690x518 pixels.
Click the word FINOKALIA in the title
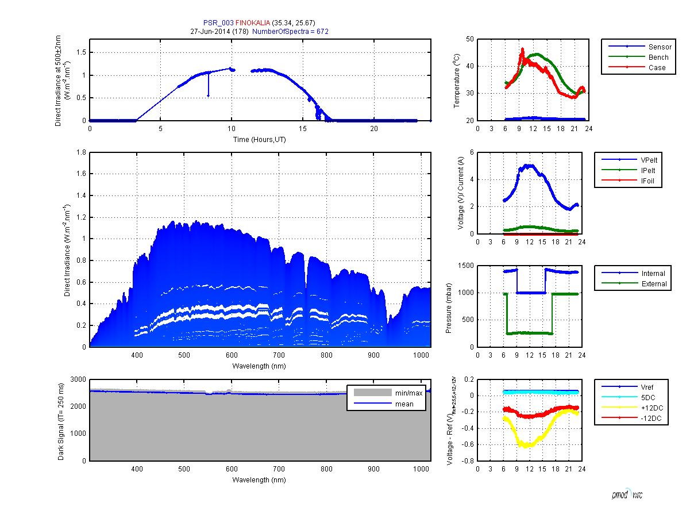[254, 22]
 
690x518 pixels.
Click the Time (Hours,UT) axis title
[257, 140]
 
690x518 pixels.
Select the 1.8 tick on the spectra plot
[82, 152]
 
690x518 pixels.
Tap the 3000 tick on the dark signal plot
[78, 379]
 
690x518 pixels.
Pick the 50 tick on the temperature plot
[471, 39]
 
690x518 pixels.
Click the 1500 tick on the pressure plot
[466, 265]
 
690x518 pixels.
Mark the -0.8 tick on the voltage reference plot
[468, 461]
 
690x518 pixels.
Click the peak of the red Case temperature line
[522, 49]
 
